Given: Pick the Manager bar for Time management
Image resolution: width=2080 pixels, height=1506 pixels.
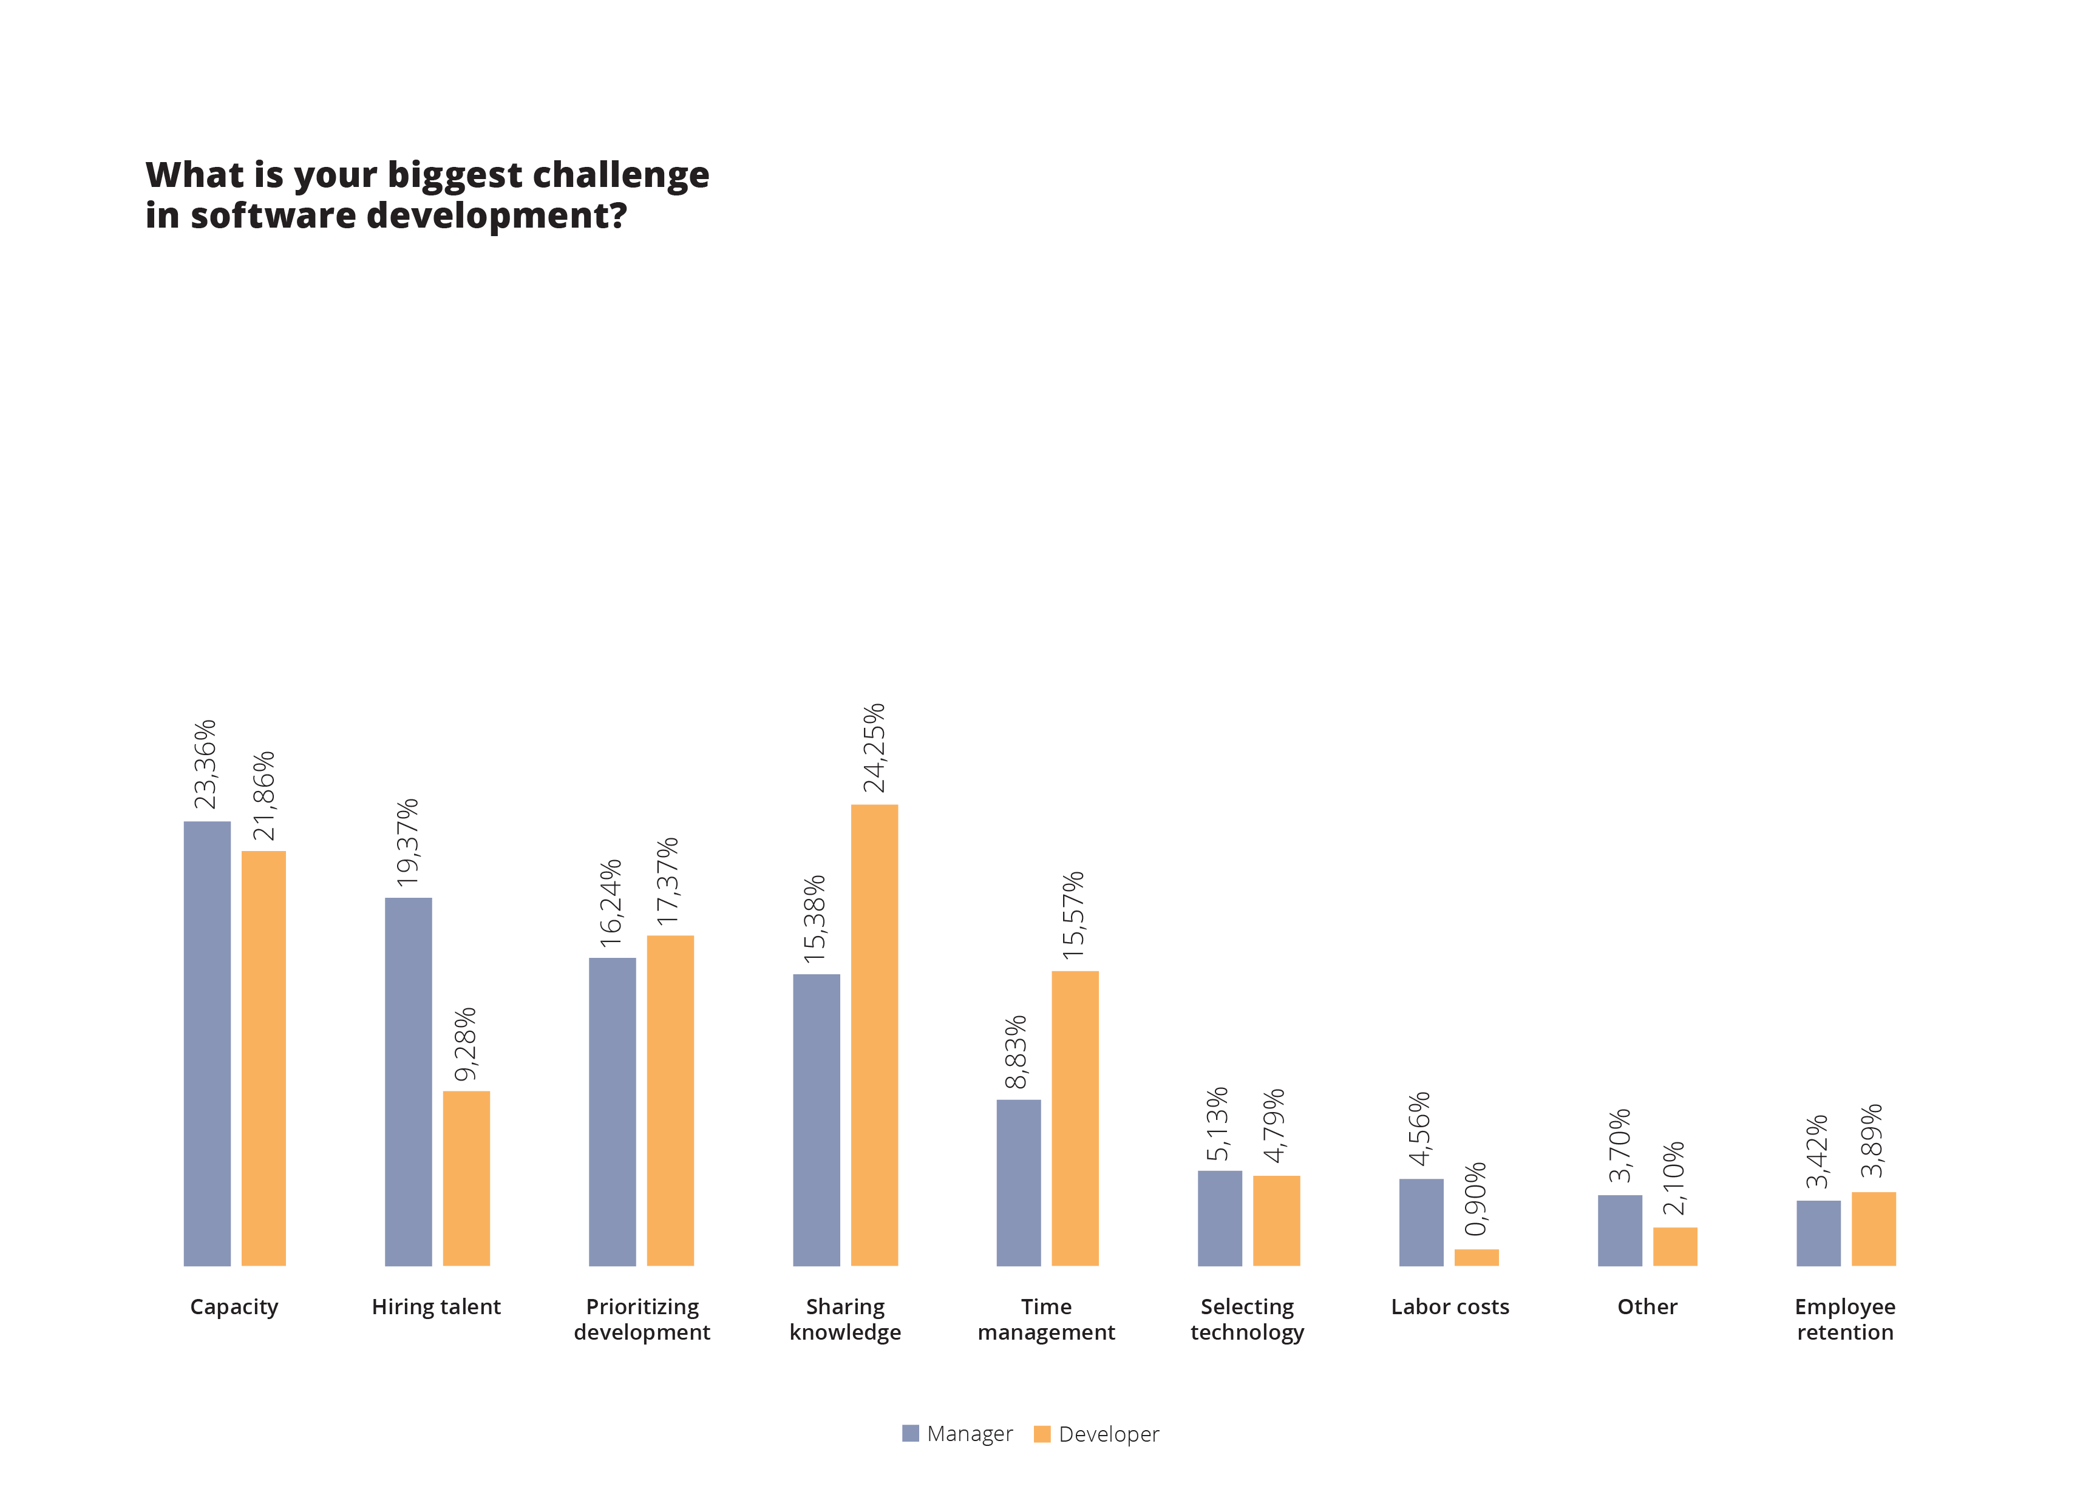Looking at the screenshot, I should [1018, 1182].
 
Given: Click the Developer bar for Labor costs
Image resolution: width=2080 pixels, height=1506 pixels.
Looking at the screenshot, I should [1476, 1258].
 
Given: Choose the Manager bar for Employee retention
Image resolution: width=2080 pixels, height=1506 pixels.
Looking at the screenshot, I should [1818, 1233].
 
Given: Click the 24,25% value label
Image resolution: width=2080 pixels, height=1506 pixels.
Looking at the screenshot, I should [874, 747].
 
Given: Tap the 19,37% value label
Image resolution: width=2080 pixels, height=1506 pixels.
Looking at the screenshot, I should [407, 842].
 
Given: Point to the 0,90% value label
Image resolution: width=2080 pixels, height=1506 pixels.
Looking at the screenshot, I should [1476, 1199].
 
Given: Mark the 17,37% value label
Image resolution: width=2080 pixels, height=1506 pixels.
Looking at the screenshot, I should [668, 881].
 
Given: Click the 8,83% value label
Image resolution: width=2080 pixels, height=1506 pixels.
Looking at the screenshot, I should [1016, 1052].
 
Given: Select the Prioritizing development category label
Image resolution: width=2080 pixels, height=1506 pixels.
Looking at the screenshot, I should [642, 1319].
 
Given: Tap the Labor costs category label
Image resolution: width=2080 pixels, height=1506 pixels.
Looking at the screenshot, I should [1450, 1307].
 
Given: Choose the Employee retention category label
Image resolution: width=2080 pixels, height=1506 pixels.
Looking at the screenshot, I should [1845, 1319].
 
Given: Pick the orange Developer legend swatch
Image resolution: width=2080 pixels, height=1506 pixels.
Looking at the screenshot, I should [1042, 1434].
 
